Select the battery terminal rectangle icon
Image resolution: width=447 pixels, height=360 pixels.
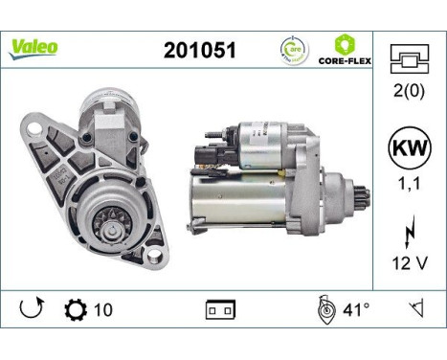click(221, 310)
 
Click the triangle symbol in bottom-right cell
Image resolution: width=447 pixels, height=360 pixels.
click(416, 309)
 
